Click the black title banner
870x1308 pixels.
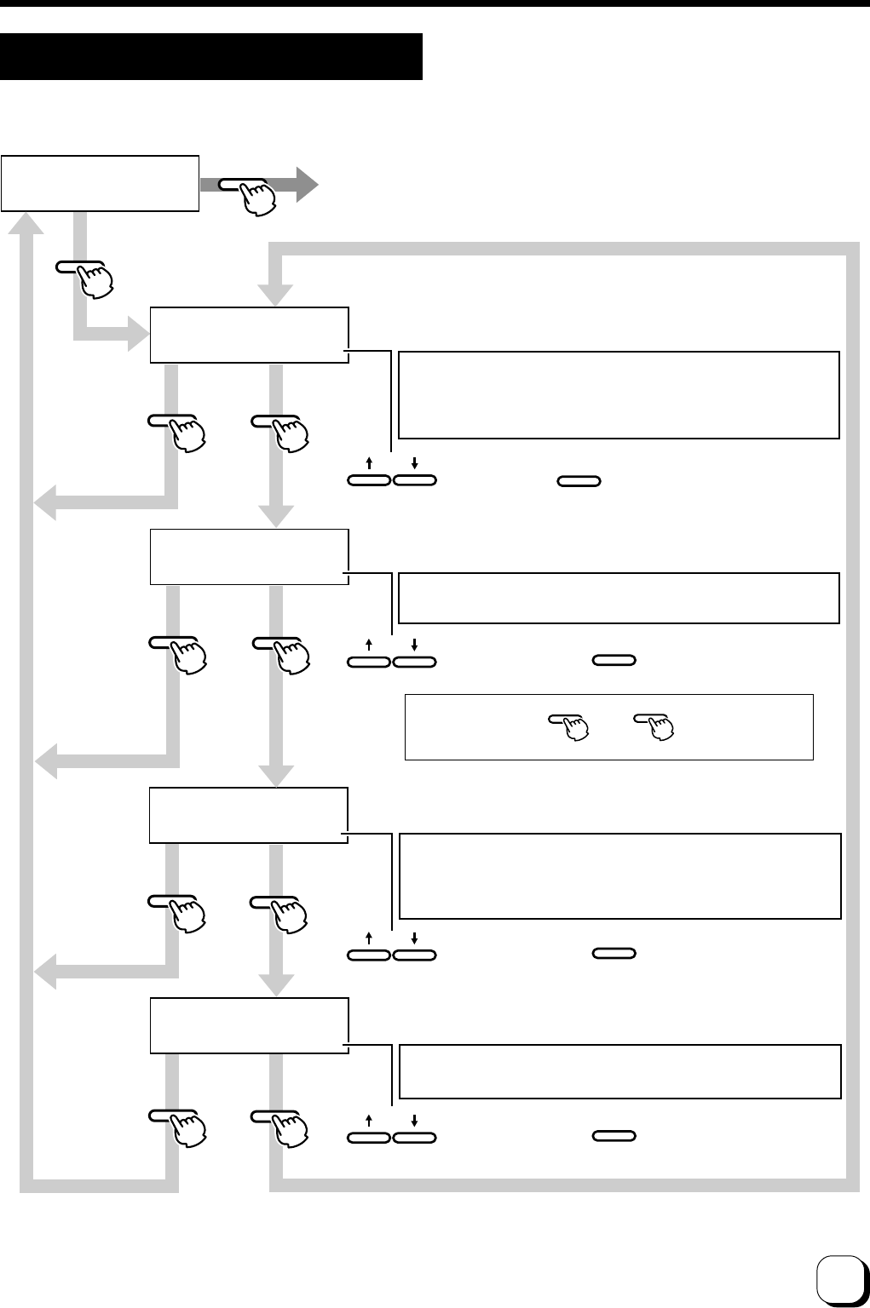coord(211,57)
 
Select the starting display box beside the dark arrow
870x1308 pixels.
coord(100,183)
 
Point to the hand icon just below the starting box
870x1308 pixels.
coord(92,277)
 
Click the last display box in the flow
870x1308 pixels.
coord(249,1026)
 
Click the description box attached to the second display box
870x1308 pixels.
coord(619,598)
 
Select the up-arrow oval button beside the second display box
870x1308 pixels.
coord(369,661)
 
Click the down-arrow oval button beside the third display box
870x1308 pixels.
coord(414,955)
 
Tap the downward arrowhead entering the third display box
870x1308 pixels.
coord(276,776)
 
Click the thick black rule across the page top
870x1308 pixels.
coord(435,3)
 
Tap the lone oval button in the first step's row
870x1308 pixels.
coord(579,481)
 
